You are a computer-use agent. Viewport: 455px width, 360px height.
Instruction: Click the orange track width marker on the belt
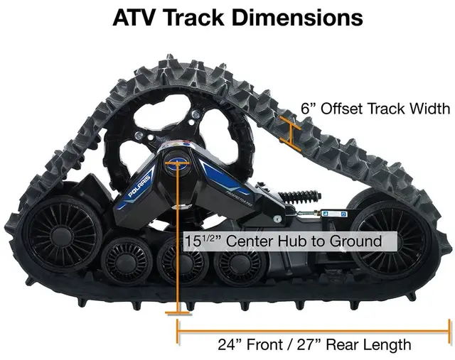[289, 132]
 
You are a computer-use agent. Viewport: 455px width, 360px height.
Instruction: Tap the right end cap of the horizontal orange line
[449, 329]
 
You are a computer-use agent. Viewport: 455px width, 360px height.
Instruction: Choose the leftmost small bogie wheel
[127, 261]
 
